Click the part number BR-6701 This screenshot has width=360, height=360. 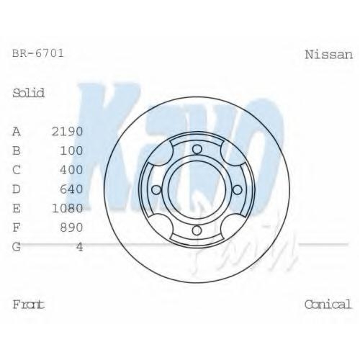pos(38,53)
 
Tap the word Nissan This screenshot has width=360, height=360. pos(328,55)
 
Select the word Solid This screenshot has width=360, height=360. pos(28,93)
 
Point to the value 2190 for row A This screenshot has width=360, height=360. pos(68,132)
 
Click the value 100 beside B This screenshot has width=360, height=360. pos(71,150)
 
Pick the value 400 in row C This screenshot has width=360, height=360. pos(71,170)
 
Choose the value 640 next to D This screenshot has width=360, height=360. pos(71,189)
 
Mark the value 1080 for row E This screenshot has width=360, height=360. pos(68,208)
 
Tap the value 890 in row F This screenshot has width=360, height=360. pos(71,228)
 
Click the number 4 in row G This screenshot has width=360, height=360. pos(80,247)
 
